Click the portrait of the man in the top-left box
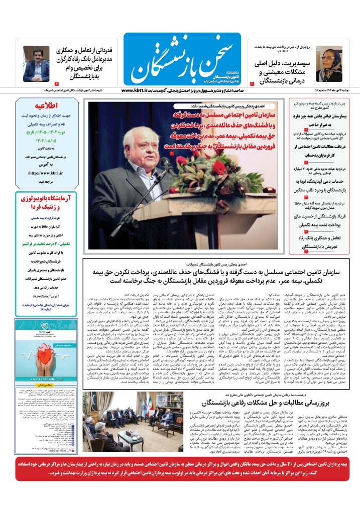[x=35, y=63]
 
